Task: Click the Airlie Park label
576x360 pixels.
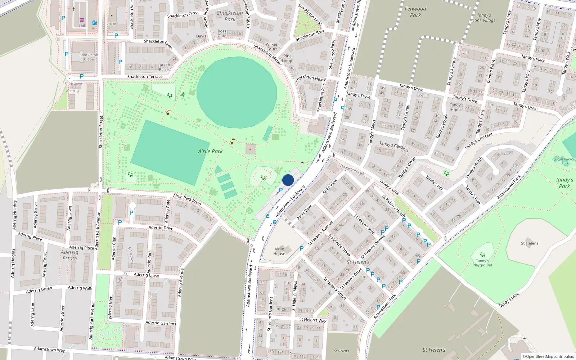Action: (210, 151)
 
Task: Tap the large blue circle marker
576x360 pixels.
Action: (288, 180)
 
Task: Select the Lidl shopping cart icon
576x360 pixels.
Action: (82, 20)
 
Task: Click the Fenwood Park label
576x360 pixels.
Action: (415, 12)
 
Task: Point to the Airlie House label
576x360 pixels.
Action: (279, 251)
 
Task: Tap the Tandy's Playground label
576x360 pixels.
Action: (482, 263)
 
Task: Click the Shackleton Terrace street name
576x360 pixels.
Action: (145, 76)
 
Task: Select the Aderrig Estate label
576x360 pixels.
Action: (69, 255)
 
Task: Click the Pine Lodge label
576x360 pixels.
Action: (288, 58)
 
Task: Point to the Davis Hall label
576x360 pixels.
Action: (201, 39)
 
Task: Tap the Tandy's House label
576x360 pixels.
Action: (456, 107)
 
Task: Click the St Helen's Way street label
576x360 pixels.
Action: (313, 320)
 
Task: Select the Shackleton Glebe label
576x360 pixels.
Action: (89, 57)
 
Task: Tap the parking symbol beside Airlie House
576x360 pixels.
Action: (302, 248)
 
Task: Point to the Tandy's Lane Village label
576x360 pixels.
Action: (484, 18)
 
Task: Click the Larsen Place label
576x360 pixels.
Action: (164, 67)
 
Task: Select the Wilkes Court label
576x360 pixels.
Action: (272, 46)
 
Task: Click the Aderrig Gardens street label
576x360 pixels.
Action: (161, 323)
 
